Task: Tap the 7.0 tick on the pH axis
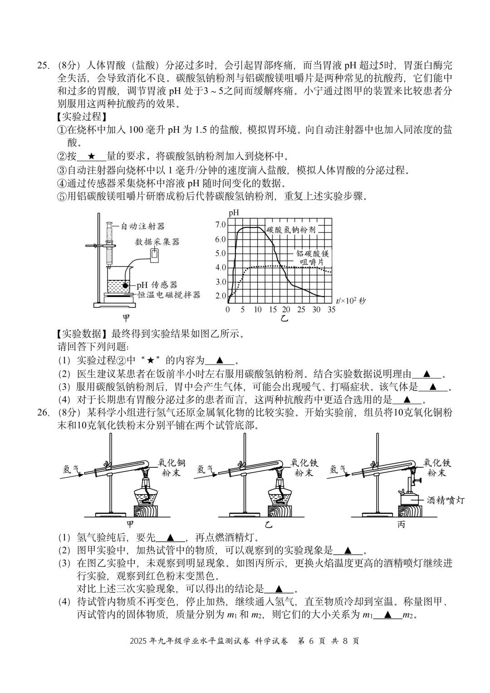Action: pyautogui.click(x=220, y=225)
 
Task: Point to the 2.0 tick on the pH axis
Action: pyautogui.click(x=220, y=296)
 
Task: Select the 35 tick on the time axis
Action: pyautogui.click(x=331, y=310)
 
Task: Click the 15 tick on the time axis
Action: pyautogui.click(x=272, y=310)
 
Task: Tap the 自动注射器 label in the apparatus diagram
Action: pyautogui.click(x=142, y=226)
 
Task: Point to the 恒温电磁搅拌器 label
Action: pyautogui.click(x=169, y=295)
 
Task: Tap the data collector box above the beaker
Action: pyautogui.click(x=155, y=255)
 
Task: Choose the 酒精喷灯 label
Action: pyautogui.click(x=446, y=500)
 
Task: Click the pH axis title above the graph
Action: pyautogui.click(x=234, y=213)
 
